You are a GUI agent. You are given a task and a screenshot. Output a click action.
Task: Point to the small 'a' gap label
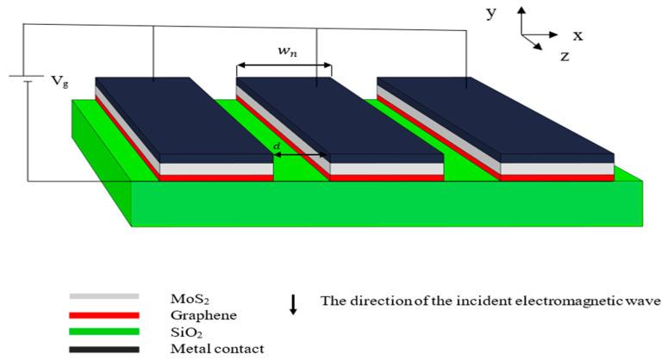click(x=276, y=146)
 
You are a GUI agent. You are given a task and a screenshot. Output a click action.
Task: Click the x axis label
click(x=577, y=35)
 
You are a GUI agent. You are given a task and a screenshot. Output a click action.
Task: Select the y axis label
click(x=490, y=13)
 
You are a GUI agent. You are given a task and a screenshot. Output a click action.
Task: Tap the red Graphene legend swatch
click(x=103, y=314)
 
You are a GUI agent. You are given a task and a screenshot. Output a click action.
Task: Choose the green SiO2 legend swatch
click(x=103, y=332)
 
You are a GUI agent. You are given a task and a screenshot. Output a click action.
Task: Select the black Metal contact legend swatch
click(x=103, y=349)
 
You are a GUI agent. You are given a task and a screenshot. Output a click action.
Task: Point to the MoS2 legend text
click(x=188, y=298)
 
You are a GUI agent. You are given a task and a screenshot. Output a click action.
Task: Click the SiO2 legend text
click(x=186, y=332)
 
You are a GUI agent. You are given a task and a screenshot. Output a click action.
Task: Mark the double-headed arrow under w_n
click(x=284, y=65)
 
